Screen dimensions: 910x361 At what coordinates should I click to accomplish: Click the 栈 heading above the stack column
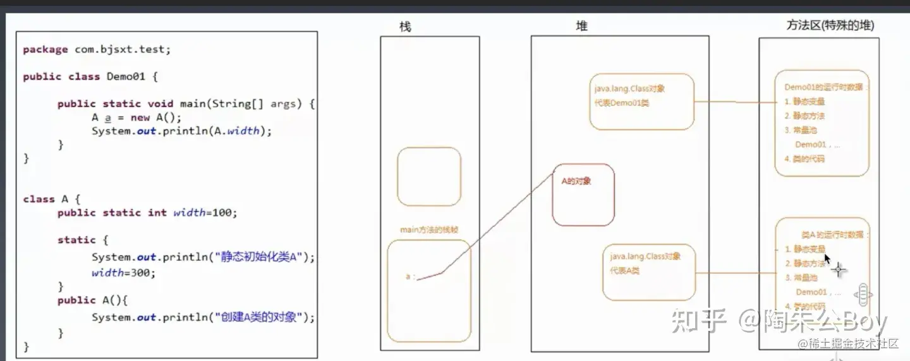(406, 27)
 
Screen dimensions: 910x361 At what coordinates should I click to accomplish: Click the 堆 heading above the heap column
(581, 27)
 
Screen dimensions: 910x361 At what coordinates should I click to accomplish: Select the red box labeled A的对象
(583, 194)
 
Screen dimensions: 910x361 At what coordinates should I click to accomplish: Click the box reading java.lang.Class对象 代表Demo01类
(641, 102)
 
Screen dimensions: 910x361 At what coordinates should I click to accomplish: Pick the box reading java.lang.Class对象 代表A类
(649, 272)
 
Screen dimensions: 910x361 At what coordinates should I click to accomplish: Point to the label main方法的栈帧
(428, 230)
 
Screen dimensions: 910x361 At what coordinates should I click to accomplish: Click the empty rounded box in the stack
(429, 177)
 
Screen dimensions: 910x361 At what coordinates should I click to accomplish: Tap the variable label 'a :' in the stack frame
(411, 276)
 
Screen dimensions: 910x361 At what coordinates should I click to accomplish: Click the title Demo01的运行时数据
(825, 87)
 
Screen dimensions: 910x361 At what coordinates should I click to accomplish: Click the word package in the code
(45, 49)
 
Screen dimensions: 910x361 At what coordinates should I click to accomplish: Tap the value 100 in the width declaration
(222, 213)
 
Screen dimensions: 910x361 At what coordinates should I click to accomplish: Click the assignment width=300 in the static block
(123, 273)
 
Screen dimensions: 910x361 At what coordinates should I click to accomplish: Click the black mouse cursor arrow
(827, 259)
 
